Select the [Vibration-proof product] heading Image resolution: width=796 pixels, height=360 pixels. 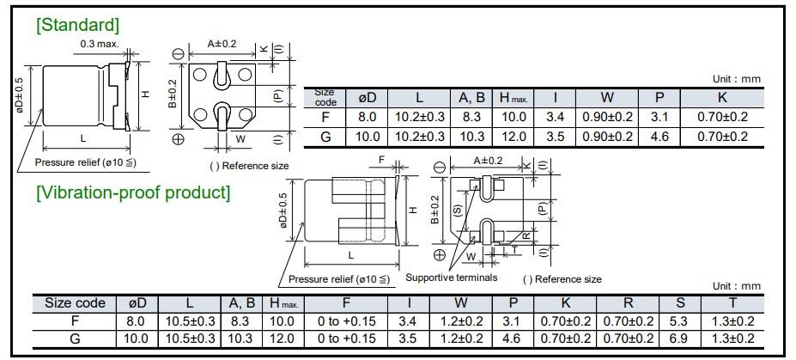(x=133, y=192)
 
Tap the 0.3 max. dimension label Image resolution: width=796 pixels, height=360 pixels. (x=100, y=45)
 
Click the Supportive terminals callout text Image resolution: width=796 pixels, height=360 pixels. (x=451, y=278)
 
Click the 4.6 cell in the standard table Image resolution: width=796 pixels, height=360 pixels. (x=660, y=136)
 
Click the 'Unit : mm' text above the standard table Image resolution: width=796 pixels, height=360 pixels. (x=737, y=79)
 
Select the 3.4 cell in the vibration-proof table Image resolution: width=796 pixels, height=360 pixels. (x=409, y=320)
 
